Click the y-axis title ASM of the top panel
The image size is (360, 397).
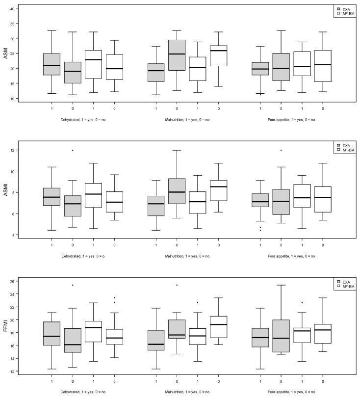pos(6,53)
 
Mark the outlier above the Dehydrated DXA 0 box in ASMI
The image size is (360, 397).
pos(73,150)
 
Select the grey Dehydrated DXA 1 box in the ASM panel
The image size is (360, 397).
pos(51,64)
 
